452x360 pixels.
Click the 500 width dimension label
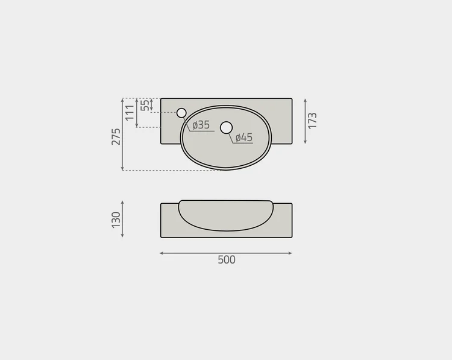tap(226, 260)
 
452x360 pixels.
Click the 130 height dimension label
tap(116, 219)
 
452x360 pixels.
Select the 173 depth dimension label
tap(312, 121)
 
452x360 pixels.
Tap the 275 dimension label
tap(116, 136)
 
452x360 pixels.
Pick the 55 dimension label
tap(145, 105)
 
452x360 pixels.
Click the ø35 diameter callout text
tap(201, 125)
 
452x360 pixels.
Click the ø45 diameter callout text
tap(243, 137)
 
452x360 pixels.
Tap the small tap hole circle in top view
tap(181, 113)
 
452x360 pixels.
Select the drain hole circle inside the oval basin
tap(226, 127)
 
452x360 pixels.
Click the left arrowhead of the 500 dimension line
tap(162, 253)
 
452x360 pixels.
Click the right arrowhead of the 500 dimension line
tap(290, 253)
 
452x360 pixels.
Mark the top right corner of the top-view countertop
tap(292, 99)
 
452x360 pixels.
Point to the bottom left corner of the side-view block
tap(161, 237)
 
